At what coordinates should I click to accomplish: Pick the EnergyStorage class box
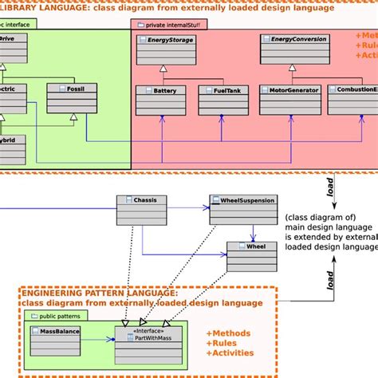[x=166, y=49]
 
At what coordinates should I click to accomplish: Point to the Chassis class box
[x=142, y=209]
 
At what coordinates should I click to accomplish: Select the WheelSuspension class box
[x=242, y=209]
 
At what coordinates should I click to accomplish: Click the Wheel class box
[x=252, y=256]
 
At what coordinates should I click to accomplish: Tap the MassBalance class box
[x=56, y=341]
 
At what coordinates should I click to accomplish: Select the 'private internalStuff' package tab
[x=167, y=25]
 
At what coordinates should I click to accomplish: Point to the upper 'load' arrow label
[x=330, y=187]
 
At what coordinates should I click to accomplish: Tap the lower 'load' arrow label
[x=330, y=278]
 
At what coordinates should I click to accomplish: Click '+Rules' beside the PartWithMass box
[x=223, y=343]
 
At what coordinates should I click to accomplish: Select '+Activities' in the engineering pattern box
[x=230, y=353]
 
